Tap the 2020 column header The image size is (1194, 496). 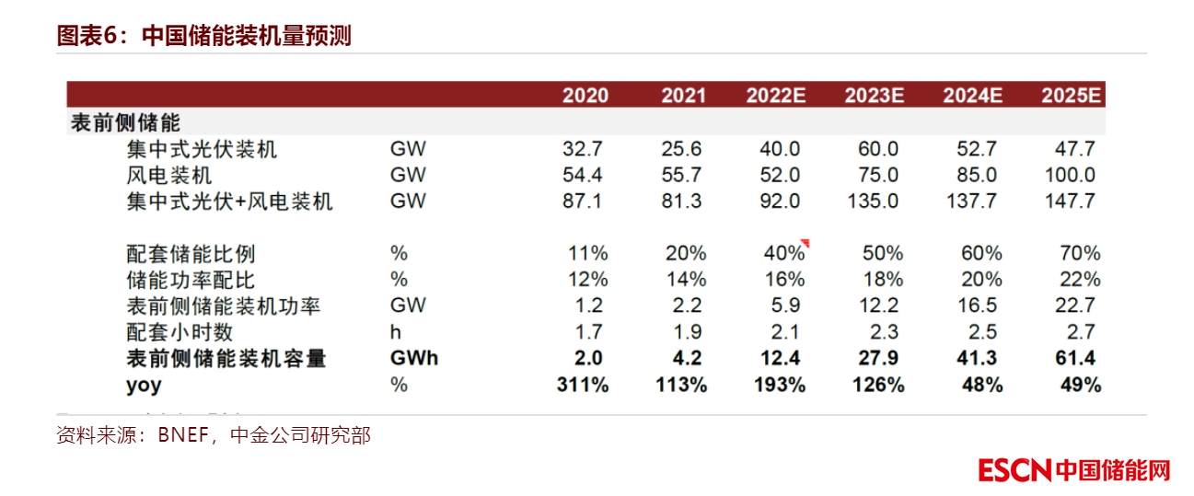coord(585,95)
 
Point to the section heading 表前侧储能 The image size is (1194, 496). coord(125,122)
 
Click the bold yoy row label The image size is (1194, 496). coord(144,386)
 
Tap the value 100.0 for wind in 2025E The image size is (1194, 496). coord(1071,175)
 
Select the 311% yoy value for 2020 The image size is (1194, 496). coord(583,386)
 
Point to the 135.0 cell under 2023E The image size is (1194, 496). coord(873,202)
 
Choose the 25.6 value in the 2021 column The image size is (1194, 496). coord(682,148)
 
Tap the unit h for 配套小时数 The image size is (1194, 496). coord(396,332)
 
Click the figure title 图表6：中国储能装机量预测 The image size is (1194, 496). coord(203,36)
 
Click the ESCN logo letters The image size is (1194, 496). coord(1014,470)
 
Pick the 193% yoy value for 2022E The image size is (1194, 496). coord(779,386)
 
